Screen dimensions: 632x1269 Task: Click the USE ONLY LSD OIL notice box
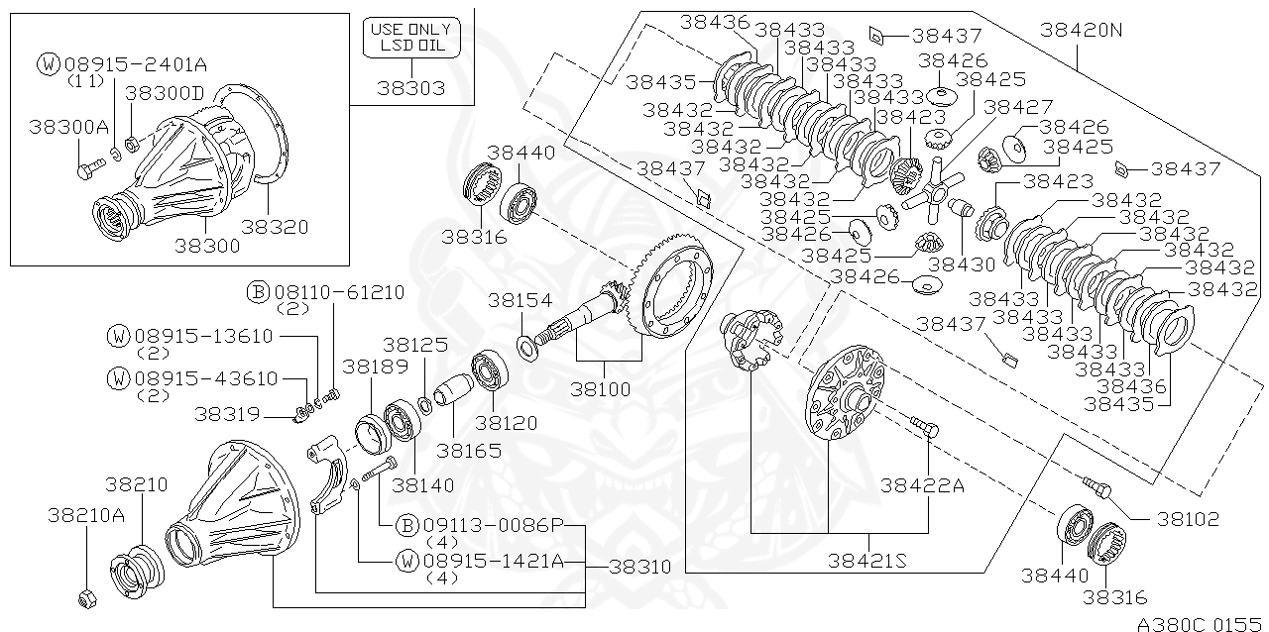tap(410, 38)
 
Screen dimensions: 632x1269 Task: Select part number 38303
tap(410, 88)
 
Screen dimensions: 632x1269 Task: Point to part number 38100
tap(598, 389)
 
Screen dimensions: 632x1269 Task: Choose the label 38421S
tap(868, 562)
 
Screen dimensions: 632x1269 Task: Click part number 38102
tap(1186, 519)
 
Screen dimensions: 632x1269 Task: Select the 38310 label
tap(639, 568)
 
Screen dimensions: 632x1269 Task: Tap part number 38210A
tap(86, 515)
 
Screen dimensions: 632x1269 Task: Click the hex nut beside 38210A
tap(86, 597)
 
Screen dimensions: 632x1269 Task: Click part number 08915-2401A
tap(136, 65)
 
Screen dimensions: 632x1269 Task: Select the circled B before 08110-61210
tap(257, 292)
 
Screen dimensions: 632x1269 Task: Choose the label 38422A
tap(922, 485)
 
